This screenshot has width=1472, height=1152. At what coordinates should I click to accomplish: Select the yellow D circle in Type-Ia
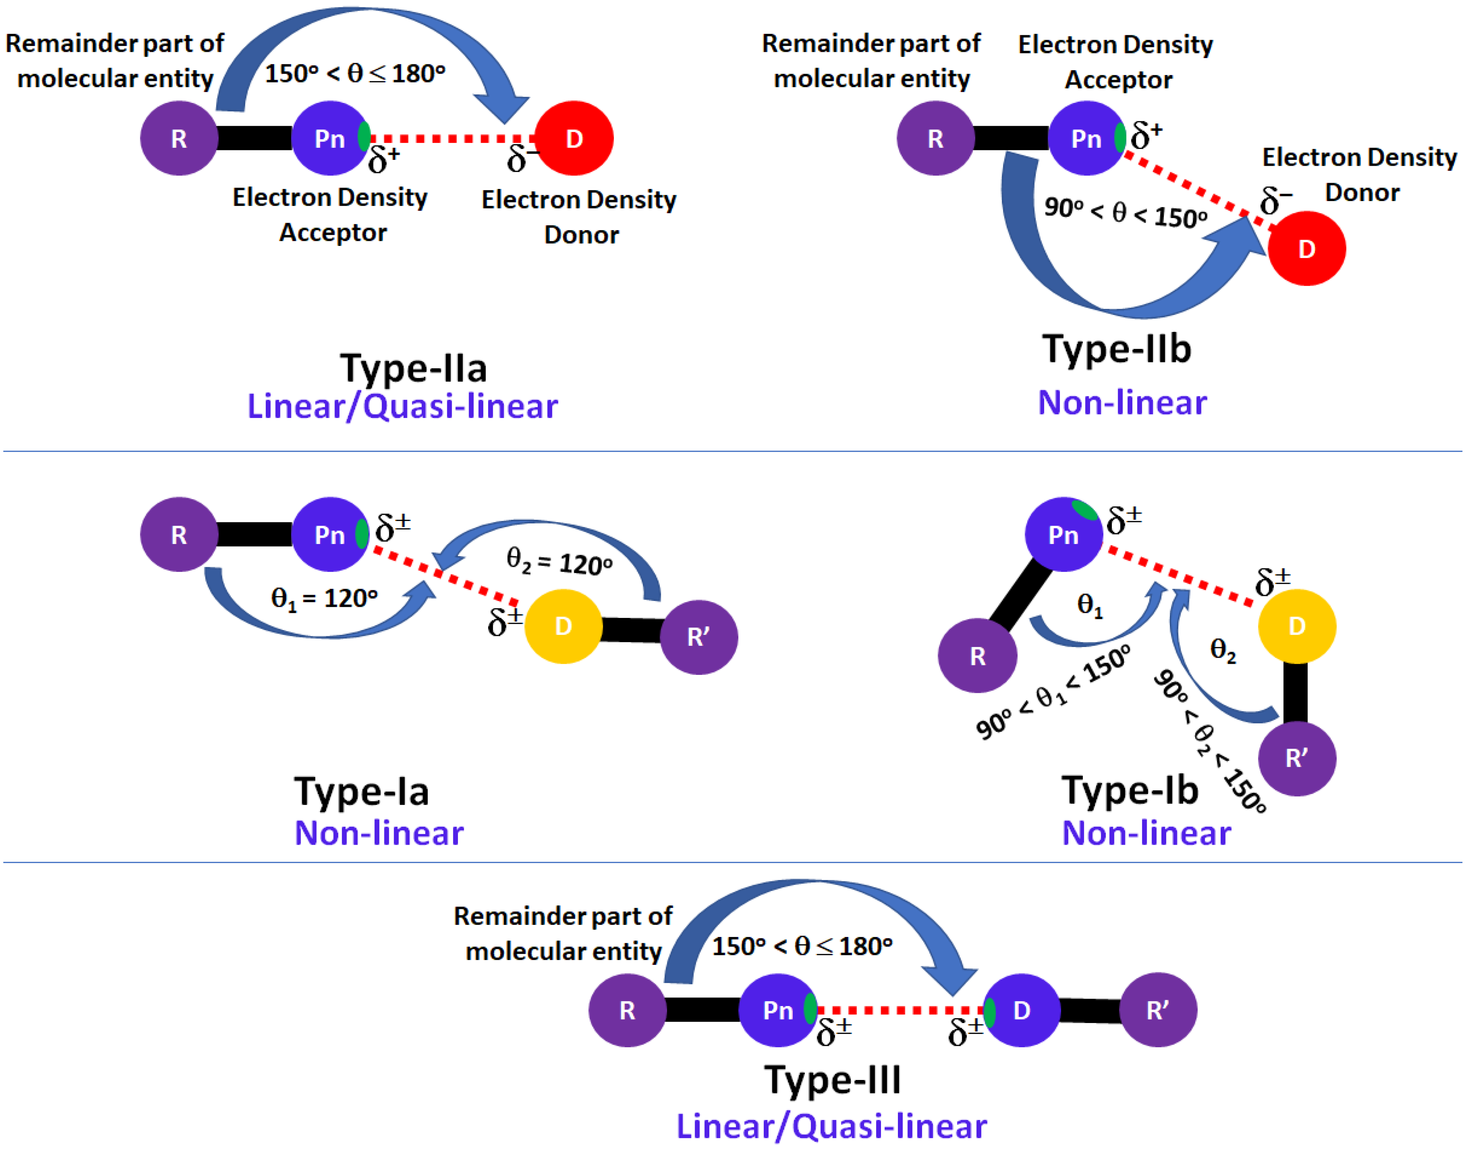tap(563, 627)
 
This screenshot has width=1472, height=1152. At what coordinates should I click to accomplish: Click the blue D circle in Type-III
tap(1021, 1010)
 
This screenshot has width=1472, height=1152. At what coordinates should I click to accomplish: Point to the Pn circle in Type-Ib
tap(1063, 535)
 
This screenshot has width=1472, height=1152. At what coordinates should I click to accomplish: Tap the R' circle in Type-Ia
tap(699, 637)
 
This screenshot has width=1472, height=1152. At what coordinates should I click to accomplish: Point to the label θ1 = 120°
tap(324, 598)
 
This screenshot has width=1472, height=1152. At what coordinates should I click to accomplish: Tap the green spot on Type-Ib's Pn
tap(1085, 511)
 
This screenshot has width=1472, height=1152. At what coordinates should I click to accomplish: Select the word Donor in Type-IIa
tap(581, 235)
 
